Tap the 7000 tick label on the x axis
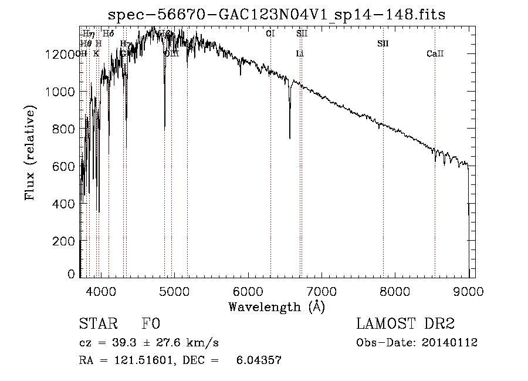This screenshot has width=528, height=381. pyautogui.click(x=321, y=289)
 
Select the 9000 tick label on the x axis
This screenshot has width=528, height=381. pyautogui.click(x=469, y=289)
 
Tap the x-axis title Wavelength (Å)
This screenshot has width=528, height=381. pyautogui.click(x=276, y=306)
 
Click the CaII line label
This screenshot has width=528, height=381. pyautogui.click(x=435, y=54)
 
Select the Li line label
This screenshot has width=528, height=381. pyautogui.click(x=300, y=54)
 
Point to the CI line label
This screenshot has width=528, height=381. pyautogui.click(x=270, y=34)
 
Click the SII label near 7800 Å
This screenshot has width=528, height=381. pyautogui.click(x=383, y=44)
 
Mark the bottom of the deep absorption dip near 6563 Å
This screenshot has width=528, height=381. pyautogui.click(x=290, y=139)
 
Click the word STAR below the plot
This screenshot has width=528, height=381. pyautogui.click(x=98, y=324)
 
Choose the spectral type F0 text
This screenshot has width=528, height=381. pyautogui.click(x=151, y=324)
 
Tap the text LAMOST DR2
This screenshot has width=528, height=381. pyautogui.click(x=405, y=324)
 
